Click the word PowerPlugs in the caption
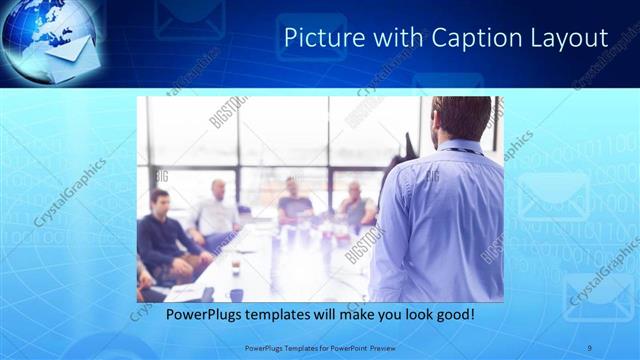click(203, 316)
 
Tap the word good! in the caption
click(452, 316)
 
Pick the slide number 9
click(590, 347)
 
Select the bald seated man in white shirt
click(216, 213)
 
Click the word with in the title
click(393, 38)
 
